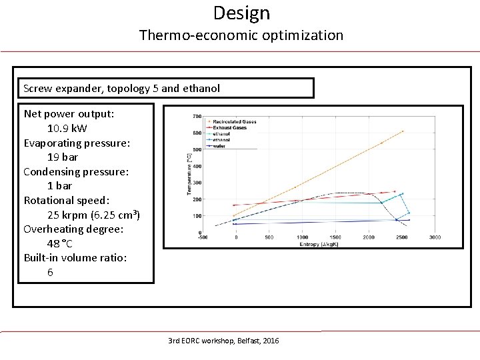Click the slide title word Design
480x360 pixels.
point(241,13)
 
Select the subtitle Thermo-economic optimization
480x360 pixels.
point(241,35)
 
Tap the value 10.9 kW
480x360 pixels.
point(67,128)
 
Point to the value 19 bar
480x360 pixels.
point(63,157)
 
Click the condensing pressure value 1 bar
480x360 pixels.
point(59,185)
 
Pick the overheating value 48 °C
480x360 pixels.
point(60,243)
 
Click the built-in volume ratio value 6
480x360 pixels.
point(51,272)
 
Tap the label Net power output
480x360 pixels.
point(69,113)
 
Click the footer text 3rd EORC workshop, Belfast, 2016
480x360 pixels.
point(223,341)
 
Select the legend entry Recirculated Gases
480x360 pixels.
point(230,121)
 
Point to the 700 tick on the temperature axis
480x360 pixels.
point(197,117)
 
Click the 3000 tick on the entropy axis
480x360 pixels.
point(435,237)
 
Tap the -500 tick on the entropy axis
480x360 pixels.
point(203,237)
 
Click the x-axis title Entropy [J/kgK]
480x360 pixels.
point(319,244)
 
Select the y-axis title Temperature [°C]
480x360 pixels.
point(189,174)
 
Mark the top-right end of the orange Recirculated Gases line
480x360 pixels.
point(403,131)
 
